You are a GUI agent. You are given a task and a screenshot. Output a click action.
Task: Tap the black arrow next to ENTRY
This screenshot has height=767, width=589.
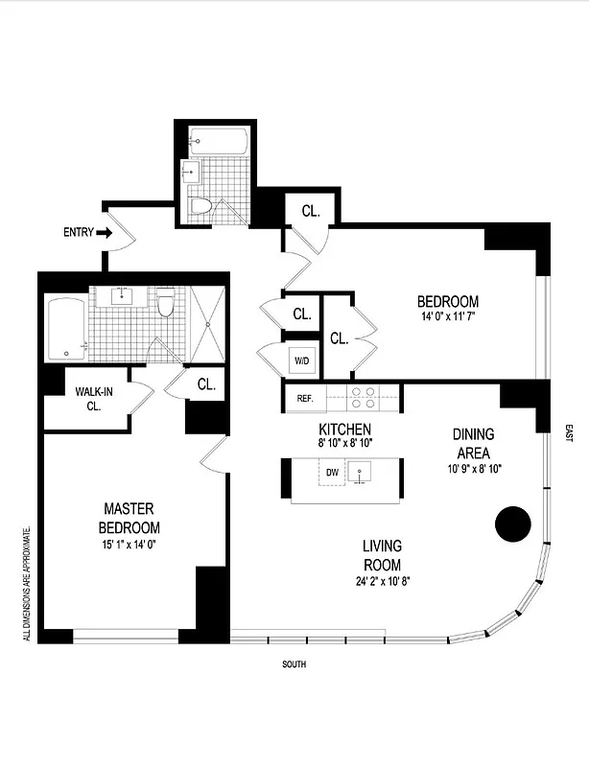tap(104, 232)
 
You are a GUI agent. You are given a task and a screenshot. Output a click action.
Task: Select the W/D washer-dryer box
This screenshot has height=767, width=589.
tap(300, 360)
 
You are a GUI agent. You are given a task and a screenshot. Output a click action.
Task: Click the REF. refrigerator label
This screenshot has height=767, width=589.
tap(305, 398)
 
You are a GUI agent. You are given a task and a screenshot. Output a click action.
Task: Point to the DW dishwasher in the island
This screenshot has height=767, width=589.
tap(332, 472)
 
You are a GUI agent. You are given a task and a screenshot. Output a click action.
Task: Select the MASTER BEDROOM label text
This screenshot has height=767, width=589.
tap(129, 518)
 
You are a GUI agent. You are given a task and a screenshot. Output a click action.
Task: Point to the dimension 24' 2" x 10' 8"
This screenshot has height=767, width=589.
tap(381, 581)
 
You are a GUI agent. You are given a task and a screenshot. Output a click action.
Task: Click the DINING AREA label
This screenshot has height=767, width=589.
tap(473, 443)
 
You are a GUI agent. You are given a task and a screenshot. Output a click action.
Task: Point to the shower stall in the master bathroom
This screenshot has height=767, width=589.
tap(208, 324)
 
